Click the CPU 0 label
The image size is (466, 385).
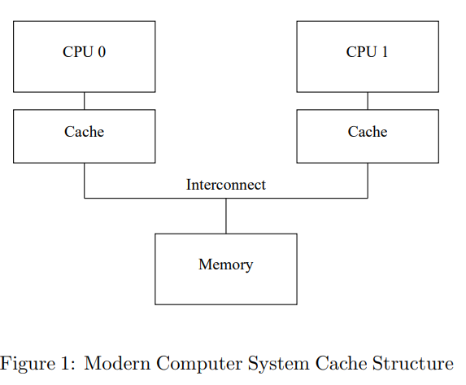click(84, 52)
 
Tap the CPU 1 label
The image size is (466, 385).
click(368, 52)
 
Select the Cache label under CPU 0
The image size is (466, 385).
click(84, 132)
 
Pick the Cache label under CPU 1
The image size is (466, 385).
click(368, 132)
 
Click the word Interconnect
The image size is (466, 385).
click(226, 185)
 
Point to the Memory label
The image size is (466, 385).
click(226, 265)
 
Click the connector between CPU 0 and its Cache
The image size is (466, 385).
click(84, 101)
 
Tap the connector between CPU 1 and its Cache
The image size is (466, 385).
click(368, 101)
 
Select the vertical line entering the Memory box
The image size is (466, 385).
click(226, 216)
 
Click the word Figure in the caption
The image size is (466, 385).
click(28, 364)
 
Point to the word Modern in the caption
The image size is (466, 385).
click(117, 363)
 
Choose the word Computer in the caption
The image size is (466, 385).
click(199, 364)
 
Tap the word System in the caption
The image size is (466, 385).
click(278, 364)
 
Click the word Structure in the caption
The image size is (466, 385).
click(413, 363)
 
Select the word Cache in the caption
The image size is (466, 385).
click(341, 363)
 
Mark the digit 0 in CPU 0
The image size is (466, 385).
click(102, 52)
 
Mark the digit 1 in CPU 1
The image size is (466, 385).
click(385, 52)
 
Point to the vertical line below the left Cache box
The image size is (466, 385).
click(84, 181)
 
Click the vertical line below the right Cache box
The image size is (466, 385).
click(368, 181)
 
